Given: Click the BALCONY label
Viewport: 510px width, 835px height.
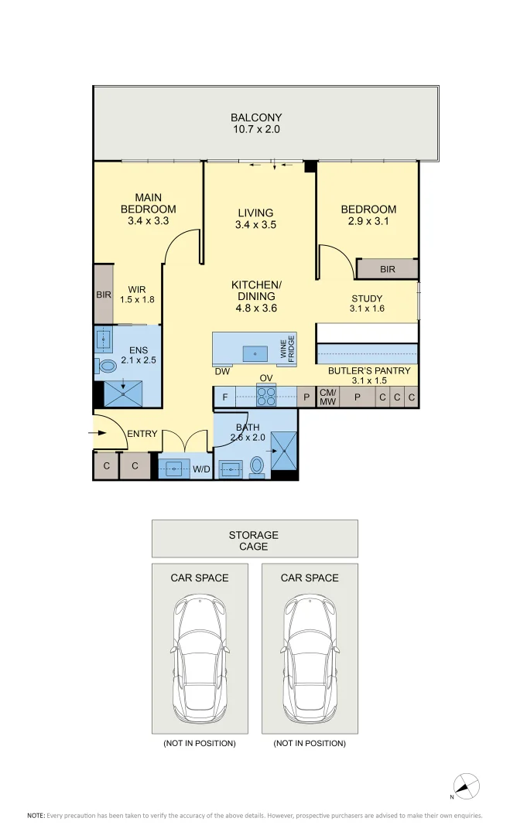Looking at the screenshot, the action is coord(256,118).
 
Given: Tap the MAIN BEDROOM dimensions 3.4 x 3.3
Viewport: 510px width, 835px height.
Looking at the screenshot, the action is coord(148,220).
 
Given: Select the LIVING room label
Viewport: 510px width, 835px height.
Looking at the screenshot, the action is coord(256,213).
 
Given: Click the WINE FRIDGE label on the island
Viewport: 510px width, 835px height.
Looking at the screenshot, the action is coord(287,349).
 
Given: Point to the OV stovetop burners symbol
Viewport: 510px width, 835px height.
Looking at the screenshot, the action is coord(266,396).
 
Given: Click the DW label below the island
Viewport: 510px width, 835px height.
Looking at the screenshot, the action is coord(222,371).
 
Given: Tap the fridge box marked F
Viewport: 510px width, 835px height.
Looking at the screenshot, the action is coord(225,397).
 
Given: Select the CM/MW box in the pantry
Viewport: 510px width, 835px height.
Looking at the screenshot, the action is coord(327,397).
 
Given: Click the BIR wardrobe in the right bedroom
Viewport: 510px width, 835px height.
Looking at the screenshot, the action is coord(388,269).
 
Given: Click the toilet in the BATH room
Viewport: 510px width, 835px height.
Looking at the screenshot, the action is coord(257,466).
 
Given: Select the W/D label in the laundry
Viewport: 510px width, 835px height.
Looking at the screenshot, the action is coord(201,469).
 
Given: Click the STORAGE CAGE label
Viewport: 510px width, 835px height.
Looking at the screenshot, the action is coord(254,540).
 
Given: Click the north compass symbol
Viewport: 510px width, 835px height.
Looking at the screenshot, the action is coord(466,786).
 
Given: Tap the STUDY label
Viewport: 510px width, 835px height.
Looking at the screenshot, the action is coord(367,298).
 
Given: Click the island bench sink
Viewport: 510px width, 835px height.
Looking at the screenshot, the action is coord(255,353).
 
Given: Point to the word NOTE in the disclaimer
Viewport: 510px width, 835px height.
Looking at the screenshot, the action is coord(36,816).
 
